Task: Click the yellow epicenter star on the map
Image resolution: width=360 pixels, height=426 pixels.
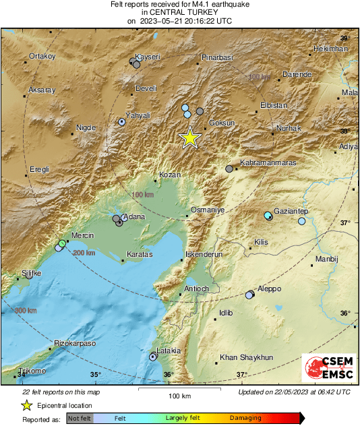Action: click(x=190, y=138)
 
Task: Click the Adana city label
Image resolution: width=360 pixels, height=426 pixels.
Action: click(x=133, y=217)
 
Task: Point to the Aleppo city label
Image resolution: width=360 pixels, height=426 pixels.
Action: click(x=269, y=288)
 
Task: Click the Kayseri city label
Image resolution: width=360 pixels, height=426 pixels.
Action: click(x=147, y=57)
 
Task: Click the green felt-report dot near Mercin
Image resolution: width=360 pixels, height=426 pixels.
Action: click(x=62, y=243)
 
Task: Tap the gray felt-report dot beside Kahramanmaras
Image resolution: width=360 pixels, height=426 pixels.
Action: click(x=229, y=169)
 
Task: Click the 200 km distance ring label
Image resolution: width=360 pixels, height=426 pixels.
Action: click(x=84, y=253)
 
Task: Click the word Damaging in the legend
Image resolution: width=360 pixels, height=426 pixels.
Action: click(x=245, y=418)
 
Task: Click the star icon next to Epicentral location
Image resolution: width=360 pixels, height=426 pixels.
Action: click(x=26, y=405)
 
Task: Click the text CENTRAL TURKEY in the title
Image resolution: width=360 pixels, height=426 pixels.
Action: click(x=179, y=12)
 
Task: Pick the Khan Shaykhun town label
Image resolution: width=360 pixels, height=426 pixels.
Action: click(x=247, y=357)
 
